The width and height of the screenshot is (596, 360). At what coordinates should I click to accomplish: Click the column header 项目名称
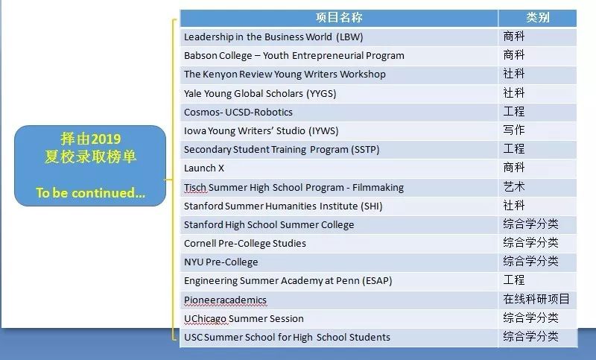[339, 17]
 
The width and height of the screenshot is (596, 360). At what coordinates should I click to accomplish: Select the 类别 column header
[538, 17]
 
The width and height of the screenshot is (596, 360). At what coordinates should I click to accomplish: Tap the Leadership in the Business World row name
[273, 37]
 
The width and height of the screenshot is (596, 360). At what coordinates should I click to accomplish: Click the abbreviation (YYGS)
[321, 93]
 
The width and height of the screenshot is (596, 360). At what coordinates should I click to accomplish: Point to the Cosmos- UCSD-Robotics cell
[238, 112]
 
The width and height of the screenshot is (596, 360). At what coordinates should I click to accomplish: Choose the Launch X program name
[204, 168]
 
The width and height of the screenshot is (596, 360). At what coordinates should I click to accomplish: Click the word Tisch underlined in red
[195, 187]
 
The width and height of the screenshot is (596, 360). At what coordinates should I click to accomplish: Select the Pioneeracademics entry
[226, 300]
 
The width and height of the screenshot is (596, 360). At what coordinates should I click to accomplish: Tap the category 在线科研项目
[536, 299]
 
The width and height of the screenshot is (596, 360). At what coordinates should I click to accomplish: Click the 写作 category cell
[514, 130]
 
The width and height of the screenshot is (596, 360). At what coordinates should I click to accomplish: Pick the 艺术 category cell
[514, 186]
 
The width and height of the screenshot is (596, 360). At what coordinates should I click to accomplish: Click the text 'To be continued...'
[90, 193]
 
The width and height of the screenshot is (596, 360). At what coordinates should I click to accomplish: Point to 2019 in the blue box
[106, 139]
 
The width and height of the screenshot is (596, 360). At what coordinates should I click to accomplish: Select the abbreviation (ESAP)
[377, 281]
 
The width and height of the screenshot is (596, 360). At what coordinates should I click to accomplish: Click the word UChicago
[206, 318]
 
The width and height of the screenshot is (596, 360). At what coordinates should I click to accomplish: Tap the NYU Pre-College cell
[221, 262]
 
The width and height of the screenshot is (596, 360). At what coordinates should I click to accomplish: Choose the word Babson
[199, 55]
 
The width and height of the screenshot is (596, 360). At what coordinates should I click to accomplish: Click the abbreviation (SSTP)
[365, 149]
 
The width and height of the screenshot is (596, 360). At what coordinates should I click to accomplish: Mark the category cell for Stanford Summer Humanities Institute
[514, 205]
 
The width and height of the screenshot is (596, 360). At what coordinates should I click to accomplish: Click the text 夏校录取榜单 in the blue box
[90, 157]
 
